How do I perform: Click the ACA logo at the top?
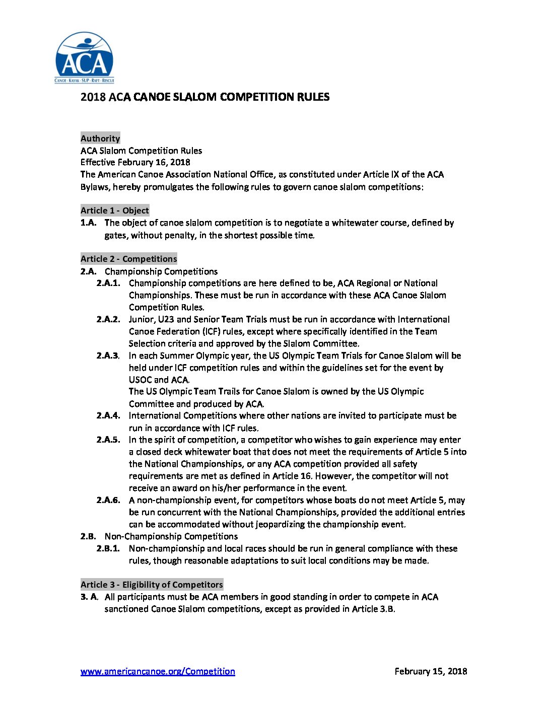(85, 58)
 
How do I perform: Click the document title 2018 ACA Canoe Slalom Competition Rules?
(204, 97)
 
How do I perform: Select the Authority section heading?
(100, 138)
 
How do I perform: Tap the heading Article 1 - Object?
(115, 210)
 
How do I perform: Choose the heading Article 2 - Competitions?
(128, 259)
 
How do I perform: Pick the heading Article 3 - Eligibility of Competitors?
(152, 585)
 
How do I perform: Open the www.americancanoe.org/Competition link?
(158, 671)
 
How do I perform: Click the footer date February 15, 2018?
(431, 671)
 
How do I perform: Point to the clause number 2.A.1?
(108, 283)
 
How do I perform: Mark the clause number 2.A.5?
(108, 440)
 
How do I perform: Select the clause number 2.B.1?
(108, 548)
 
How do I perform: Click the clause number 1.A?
(88, 223)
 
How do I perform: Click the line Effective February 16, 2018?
(135, 162)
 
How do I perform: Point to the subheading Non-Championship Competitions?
(171, 536)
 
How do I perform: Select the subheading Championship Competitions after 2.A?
(161, 271)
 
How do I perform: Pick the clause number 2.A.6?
(108, 500)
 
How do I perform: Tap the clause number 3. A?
(89, 597)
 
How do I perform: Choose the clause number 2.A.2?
(108, 319)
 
